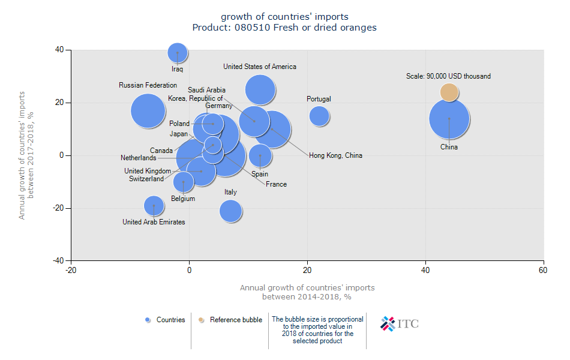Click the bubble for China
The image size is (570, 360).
point(449,119)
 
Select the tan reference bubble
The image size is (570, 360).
point(449,92)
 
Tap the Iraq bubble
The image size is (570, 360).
point(177,53)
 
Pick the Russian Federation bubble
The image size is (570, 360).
point(148,112)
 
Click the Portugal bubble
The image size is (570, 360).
point(319,116)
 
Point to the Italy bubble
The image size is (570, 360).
point(230,211)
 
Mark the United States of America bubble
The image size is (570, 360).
point(260,90)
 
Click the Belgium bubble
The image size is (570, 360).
point(183,181)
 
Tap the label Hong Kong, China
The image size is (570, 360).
point(335,155)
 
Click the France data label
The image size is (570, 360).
point(277,184)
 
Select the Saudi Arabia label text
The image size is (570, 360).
point(206,90)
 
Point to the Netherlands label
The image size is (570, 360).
point(138,158)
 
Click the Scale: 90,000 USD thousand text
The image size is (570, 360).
point(448,76)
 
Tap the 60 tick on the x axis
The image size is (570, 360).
point(544,271)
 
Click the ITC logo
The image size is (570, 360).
point(400,323)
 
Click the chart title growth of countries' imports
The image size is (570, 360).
point(284,16)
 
